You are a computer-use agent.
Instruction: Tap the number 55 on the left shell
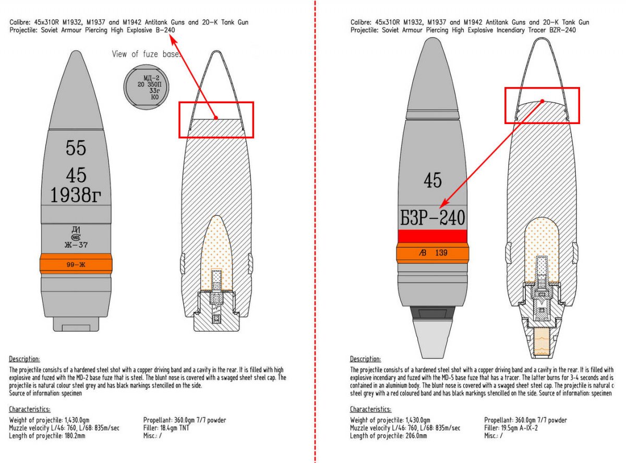click(x=76, y=148)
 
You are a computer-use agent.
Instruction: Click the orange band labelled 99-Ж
click(x=76, y=264)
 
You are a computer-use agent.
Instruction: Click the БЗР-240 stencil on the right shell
click(x=432, y=217)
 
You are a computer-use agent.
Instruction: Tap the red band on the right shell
click(x=432, y=236)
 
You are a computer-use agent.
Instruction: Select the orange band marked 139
click(x=432, y=253)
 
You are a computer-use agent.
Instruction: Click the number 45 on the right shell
click(x=432, y=180)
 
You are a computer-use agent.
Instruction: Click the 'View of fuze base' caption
click(x=146, y=54)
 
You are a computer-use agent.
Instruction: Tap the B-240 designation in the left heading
click(x=163, y=30)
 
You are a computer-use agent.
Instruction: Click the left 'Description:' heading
click(x=24, y=359)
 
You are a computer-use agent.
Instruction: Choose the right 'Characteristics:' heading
click(x=370, y=409)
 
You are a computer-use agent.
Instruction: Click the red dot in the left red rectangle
click(x=215, y=118)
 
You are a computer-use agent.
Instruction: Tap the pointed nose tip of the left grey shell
click(x=76, y=42)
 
